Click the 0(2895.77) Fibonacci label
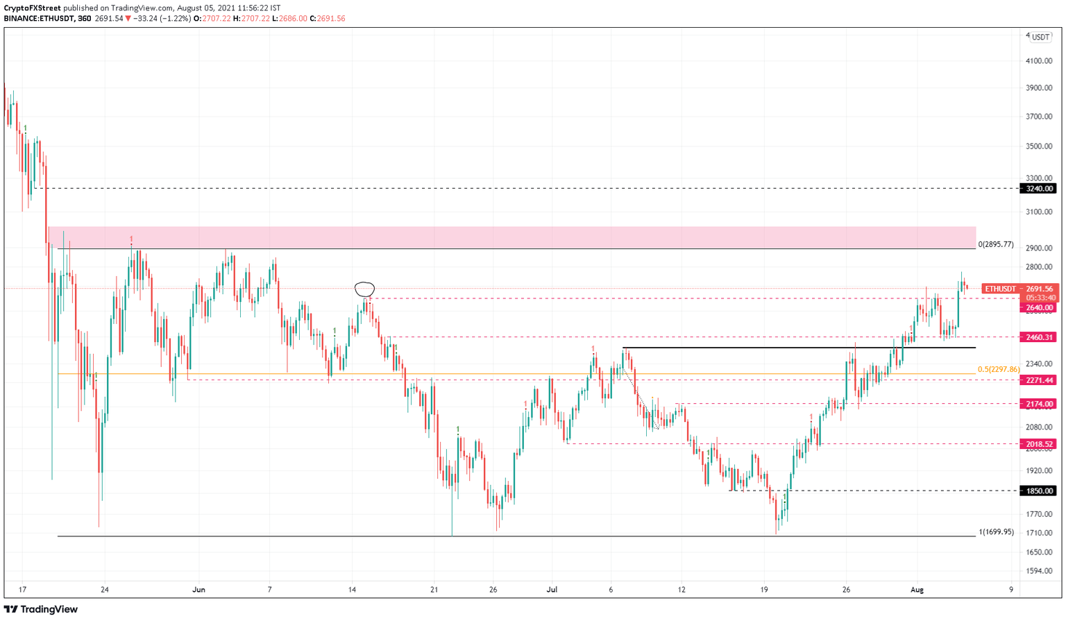coord(996,245)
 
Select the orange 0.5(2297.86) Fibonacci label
coord(998,370)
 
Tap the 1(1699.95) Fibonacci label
coord(996,532)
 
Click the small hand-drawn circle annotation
coord(364,289)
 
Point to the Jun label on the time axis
coord(199,590)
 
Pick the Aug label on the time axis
coord(917,590)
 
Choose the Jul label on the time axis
coord(552,590)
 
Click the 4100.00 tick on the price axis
coord(1039,61)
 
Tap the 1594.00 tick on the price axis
coord(1039,571)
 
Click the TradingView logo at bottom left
coord(42,609)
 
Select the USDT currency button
coord(1040,37)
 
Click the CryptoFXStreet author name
coord(32,8)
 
